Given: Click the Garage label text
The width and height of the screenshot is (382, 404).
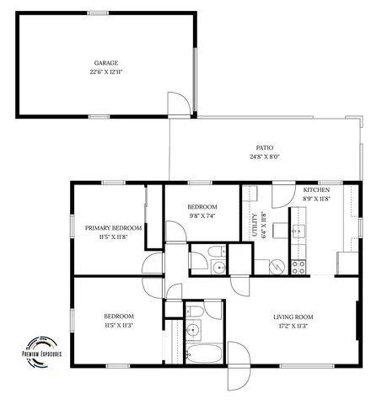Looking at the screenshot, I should pos(105,62).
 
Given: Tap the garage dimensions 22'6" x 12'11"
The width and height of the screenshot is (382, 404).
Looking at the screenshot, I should pos(105,72).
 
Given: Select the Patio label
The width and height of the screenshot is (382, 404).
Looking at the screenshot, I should pos(264,146).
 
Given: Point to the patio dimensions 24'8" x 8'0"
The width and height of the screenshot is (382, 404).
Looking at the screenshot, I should pos(264,157).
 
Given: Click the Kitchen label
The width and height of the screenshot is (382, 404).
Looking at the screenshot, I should pos(316,190).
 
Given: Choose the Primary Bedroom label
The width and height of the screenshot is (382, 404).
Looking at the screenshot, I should pos(113,228).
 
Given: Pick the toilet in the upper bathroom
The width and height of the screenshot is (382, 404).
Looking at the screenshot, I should pos(216,251).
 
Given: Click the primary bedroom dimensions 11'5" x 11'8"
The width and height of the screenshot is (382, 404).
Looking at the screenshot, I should pos(113,238).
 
